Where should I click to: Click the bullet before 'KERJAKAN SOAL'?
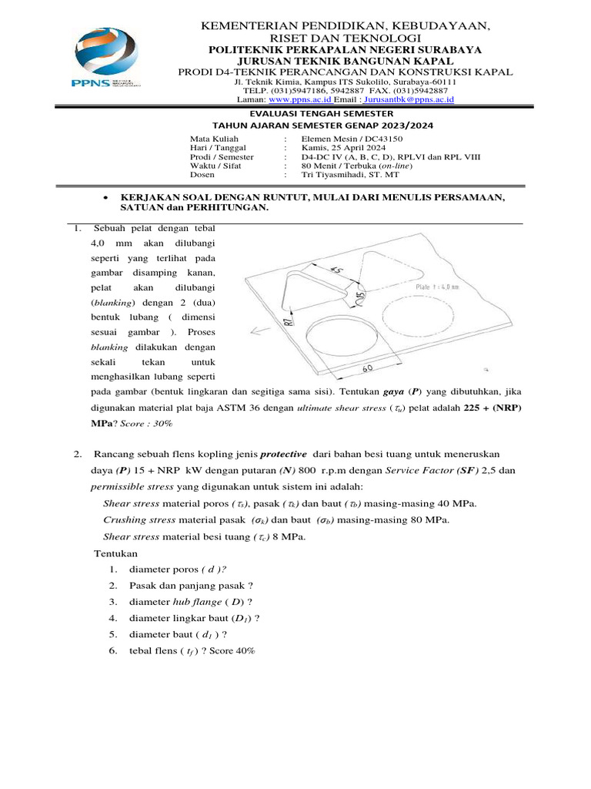pyautogui.click(x=105, y=198)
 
